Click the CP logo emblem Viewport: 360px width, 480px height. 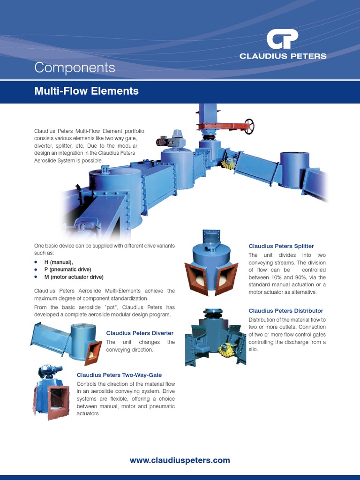282,39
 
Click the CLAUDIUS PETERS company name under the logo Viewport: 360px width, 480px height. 283,56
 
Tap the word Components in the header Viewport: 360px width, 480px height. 75,67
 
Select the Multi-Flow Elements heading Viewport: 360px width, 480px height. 86,91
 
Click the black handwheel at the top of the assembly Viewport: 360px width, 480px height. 249,126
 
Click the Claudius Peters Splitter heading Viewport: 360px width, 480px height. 281,246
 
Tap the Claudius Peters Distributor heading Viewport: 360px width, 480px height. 285,311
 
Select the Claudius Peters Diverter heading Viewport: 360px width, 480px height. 140,333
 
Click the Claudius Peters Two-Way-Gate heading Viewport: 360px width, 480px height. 119,375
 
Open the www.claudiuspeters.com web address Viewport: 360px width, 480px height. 180,460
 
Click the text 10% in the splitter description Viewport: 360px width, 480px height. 274,277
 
